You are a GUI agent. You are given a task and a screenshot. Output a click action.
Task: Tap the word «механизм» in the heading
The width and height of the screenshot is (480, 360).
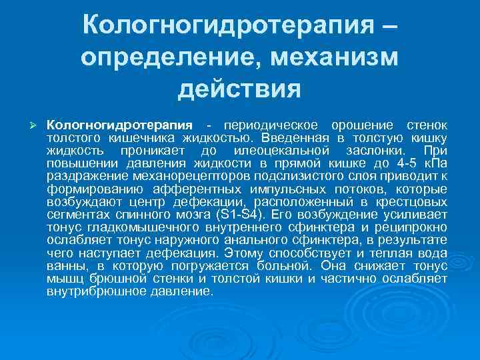coord(335,58)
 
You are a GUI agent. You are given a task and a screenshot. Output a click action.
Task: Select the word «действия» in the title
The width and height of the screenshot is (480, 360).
coord(240,88)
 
